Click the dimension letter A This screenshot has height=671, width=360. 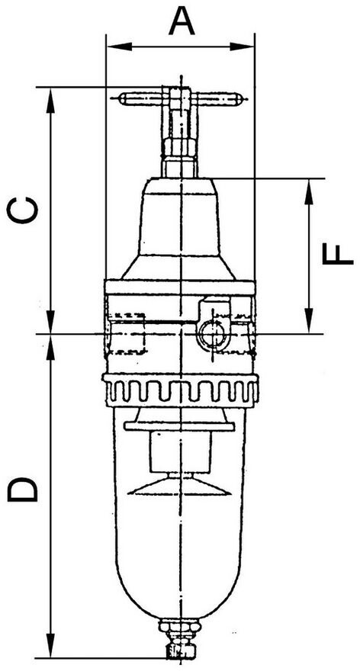[x=182, y=22]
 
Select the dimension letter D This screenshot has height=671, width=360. [x=23, y=490]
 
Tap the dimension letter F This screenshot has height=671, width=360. [x=338, y=255]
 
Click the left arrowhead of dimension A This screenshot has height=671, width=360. [x=118, y=47]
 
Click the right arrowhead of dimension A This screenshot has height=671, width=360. [x=242, y=47]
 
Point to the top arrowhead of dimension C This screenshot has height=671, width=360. [x=51, y=100]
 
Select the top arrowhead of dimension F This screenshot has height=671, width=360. [x=308, y=191]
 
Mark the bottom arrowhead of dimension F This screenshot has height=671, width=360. [x=308, y=320]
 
